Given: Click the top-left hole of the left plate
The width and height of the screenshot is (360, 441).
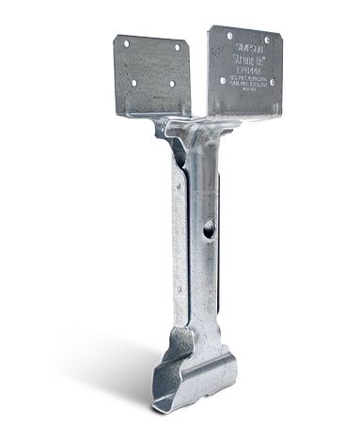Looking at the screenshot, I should (x=122, y=43).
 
